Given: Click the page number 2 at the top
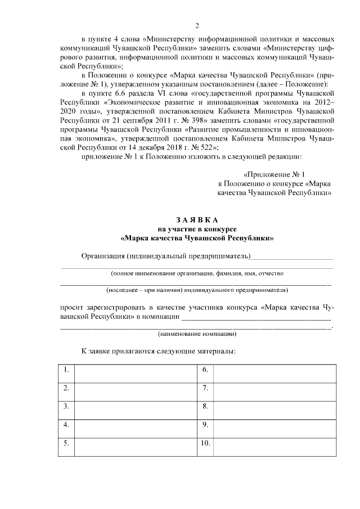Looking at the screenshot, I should (x=197, y=25).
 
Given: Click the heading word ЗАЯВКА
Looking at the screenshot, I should (x=197, y=220).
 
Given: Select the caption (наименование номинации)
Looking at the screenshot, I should (x=197, y=334).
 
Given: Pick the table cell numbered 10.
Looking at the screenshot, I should (x=204, y=443).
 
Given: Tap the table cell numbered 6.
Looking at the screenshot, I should (x=205, y=370).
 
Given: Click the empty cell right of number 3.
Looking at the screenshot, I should (x=135, y=407).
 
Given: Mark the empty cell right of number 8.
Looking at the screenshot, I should (x=274, y=407).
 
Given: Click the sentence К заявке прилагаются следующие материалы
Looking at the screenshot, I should (x=158, y=351).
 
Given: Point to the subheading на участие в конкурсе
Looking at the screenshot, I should (x=197, y=229).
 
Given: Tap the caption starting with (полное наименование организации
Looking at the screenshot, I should (x=197, y=273).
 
